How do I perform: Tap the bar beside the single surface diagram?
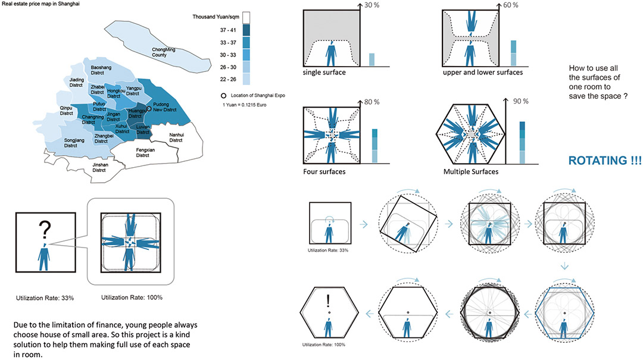372,60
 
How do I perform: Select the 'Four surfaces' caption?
324,173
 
